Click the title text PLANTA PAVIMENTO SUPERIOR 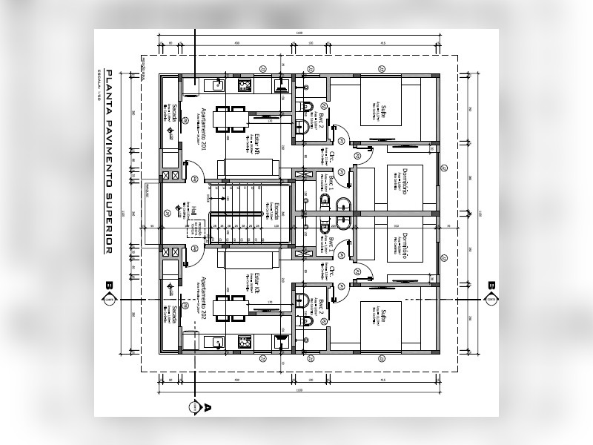coord(108,162)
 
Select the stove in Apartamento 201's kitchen coord(244,86)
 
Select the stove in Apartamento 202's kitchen coord(244,341)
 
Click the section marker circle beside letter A coord(194,406)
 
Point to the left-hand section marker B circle coord(110,299)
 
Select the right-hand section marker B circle coord(491,299)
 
